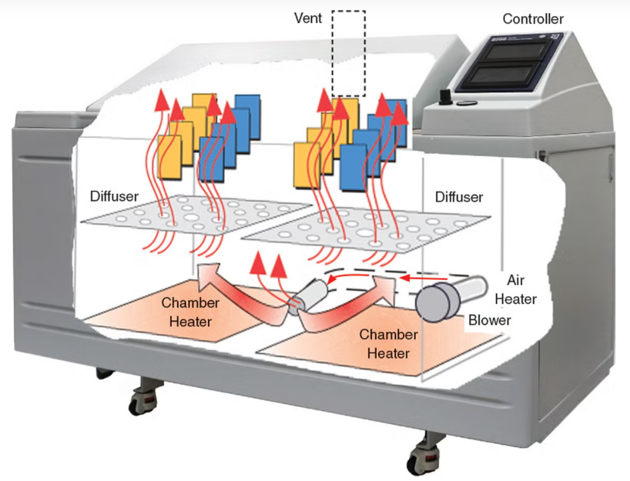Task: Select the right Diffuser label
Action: (x=459, y=197)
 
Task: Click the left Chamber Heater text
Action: (x=189, y=312)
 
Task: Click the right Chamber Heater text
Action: (x=388, y=344)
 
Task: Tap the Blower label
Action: (x=489, y=319)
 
